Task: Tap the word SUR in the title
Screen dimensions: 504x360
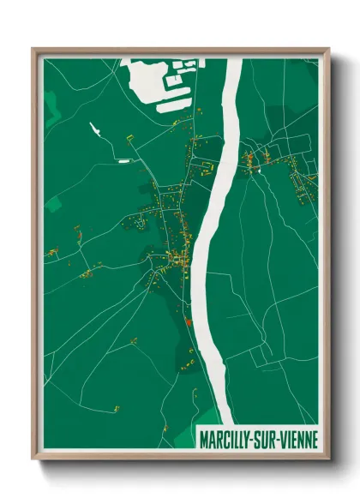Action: click(x=271, y=440)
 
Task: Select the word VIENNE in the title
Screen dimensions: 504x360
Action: click(x=301, y=440)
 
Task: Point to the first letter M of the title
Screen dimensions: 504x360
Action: click(x=203, y=440)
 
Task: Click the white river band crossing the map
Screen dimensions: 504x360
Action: click(x=213, y=214)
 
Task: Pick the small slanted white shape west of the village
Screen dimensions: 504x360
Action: click(x=95, y=130)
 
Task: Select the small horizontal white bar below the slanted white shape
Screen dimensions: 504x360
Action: click(x=123, y=160)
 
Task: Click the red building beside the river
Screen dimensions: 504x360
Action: click(x=187, y=323)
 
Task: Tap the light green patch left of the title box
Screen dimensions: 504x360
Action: click(x=185, y=438)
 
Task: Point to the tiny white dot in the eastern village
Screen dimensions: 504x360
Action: click(x=256, y=171)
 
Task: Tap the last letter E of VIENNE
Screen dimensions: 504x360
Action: click(x=314, y=440)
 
